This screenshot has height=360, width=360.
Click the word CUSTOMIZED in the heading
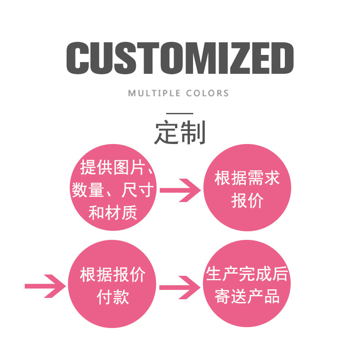point(180,58)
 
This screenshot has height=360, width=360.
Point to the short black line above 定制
point(180,113)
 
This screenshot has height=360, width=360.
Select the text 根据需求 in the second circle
point(247,178)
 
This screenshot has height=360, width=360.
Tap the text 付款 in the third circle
point(112,297)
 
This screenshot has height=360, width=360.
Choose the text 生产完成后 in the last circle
point(247,274)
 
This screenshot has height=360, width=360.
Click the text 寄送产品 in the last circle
point(247,297)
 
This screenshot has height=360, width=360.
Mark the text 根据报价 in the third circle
point(112,274)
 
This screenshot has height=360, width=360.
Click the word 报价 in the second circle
point(247,201)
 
